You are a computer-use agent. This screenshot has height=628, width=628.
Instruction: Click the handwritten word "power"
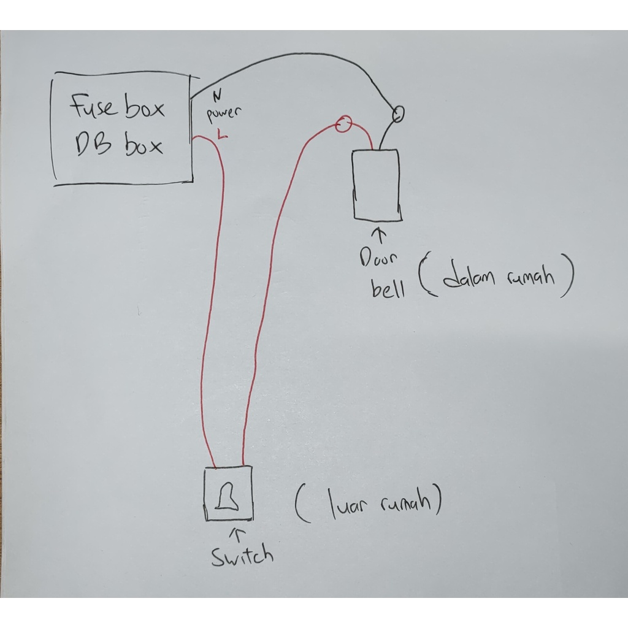pyautogui.click(x=224, y=114)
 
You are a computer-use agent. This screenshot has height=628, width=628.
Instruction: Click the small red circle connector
pyautogui.click(x=344, y=125)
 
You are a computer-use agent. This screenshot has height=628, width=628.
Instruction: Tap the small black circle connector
pyautogui.click(x=398, y=113)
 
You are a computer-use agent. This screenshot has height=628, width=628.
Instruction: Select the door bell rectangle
pyautogui.click(x=376, y=185)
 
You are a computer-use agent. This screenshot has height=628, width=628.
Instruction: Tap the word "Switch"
pyautogui.click(x=242, y=556)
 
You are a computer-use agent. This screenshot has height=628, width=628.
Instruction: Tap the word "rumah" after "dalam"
pyautogui.click(x=530, y=277)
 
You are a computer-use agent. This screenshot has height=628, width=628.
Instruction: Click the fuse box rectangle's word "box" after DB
pyautogui.click(x=145, y=146)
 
